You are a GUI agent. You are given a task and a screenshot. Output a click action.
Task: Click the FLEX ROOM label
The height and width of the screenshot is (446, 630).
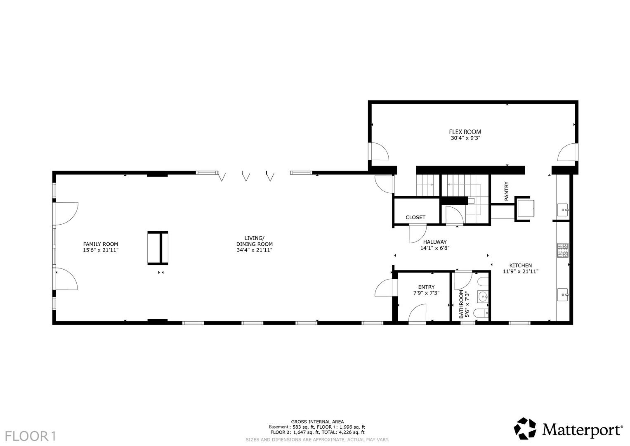[x=465, y=132]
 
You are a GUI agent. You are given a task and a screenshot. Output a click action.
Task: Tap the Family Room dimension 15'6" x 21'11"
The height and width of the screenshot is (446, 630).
[x=101, y=250]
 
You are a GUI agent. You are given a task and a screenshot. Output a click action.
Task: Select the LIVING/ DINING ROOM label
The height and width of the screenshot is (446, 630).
[x=254, y=241]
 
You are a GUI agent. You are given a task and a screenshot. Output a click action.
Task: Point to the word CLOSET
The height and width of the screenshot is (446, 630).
[x=415, y=217]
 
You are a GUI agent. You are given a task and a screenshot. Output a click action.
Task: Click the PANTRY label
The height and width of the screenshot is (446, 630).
[x=507, y=192]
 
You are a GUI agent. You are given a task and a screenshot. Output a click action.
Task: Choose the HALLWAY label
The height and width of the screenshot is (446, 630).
[x=435, y=242]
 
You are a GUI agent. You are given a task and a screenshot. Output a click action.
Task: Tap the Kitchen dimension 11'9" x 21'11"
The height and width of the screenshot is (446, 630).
[x=521, y=271]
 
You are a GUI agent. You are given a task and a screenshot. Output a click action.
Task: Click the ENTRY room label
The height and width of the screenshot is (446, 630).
[x=426, y=287]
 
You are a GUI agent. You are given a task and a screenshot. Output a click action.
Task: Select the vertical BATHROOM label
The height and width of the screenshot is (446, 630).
[x=461, y=304]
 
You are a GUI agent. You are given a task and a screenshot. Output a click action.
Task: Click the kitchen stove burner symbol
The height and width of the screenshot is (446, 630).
[x=563, y=250]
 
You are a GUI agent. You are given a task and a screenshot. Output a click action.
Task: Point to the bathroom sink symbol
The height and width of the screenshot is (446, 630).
[x=483, y=296]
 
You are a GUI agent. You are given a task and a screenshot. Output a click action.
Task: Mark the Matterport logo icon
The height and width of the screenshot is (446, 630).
[x=525, y=429]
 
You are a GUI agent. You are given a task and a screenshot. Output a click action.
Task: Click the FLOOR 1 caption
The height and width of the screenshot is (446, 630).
[x=31, y=437]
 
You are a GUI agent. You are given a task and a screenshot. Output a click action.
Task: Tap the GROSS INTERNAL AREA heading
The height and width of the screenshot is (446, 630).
[x=317, y=422]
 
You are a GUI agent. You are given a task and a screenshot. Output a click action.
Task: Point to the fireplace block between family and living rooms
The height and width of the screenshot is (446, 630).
[x=158, y=248]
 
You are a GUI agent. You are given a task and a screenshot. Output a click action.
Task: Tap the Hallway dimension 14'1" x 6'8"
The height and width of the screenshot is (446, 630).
[x=435, y=248]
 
